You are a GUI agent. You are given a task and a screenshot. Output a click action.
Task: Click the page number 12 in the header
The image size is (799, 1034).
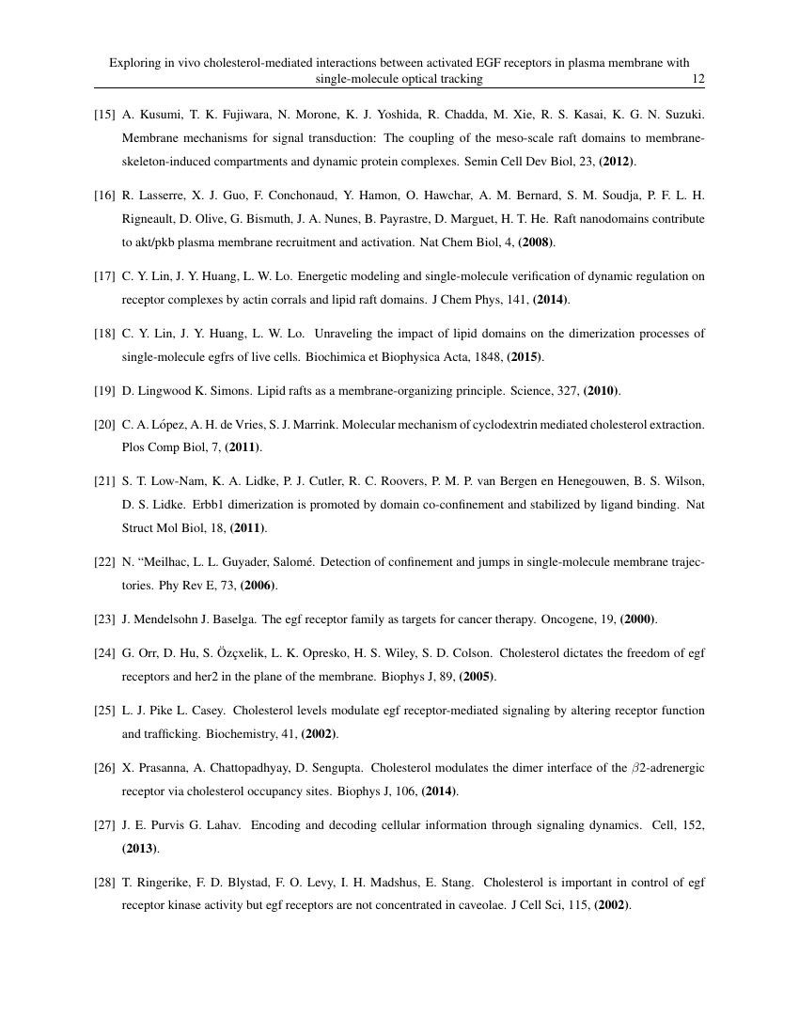coord(698,79)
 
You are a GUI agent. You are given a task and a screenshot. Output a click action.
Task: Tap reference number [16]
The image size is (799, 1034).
coord(104,196)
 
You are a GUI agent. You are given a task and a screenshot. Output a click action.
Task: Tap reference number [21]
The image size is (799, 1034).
coord(104,482)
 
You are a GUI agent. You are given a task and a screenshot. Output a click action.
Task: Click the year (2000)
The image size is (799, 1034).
coord(639,619)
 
